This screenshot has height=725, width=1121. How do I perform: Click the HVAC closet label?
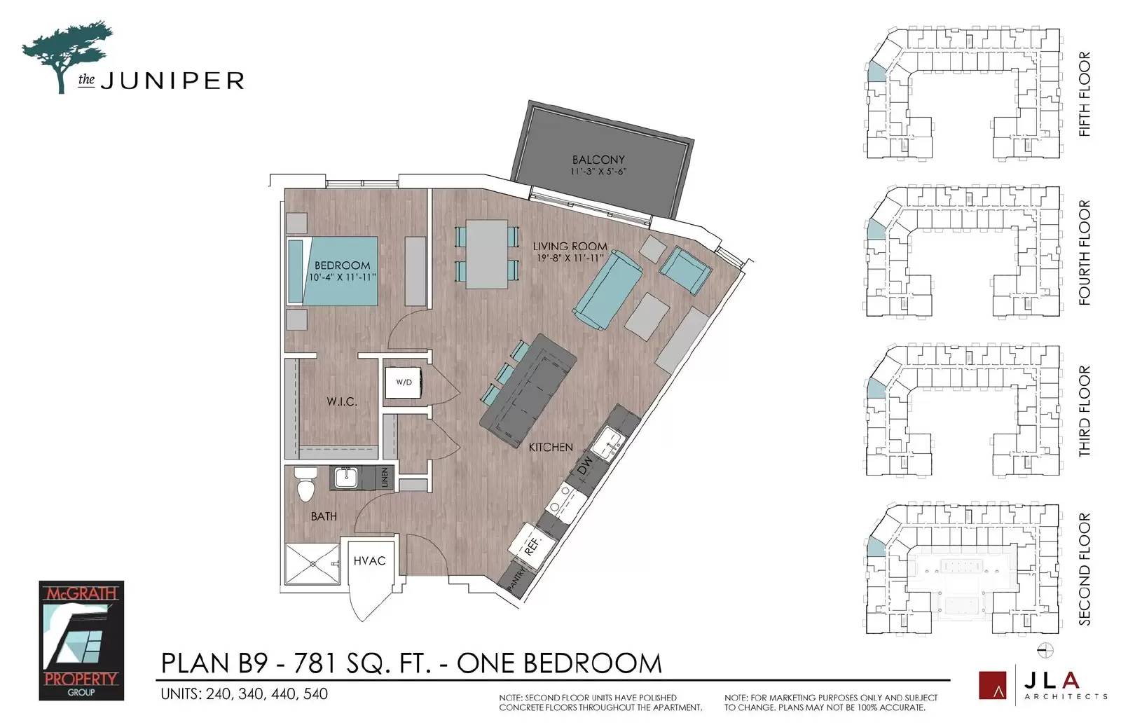(x=369, y=561)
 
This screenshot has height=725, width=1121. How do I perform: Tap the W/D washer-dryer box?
(x=404, y=382)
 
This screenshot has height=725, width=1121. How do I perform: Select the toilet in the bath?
(x=305, y=485)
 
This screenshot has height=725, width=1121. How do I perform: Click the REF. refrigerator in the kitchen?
(x=532, y=546)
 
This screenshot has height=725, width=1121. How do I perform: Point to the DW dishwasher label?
(x=584, y=467)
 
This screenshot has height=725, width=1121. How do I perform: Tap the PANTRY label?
(x=517, y=579)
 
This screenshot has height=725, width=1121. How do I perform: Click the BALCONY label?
(x=598, y=160)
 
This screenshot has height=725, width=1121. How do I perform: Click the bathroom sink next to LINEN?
(x=346, y=478)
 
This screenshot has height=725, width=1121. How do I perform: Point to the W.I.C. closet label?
(x=342, y=401)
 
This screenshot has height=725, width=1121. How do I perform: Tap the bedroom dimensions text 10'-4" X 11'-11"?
(x=343, y=277)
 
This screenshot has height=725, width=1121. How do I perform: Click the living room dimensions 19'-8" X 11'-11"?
(x=570, y=258)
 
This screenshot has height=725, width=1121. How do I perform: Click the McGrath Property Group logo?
(x=81, y=640)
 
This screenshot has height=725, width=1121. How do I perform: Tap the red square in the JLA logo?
(x=992, y=685)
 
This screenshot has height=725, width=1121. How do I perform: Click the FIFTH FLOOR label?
(x=1084, y=94)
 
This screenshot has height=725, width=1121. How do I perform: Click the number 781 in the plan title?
(x=315, y=663)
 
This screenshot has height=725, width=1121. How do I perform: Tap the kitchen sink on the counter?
(x=607, y=443)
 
